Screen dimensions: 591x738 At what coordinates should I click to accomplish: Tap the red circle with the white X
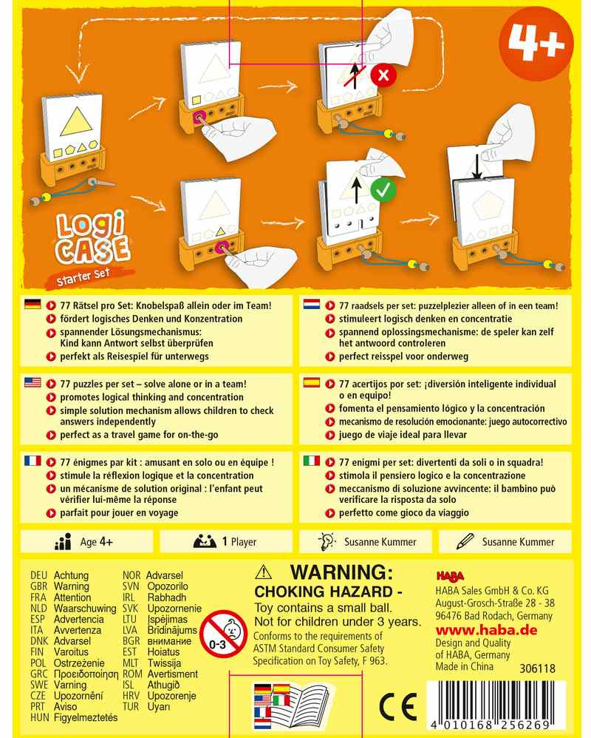pos(383,75)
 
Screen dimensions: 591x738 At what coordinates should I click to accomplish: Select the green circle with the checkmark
pos(383,190)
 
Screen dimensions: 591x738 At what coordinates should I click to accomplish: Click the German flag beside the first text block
pos(33,305)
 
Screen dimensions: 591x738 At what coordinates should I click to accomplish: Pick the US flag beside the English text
pos(33,382)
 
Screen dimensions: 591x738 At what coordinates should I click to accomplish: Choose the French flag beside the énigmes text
pos(33,461)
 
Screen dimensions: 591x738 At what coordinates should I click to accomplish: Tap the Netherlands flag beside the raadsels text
pos(311,305)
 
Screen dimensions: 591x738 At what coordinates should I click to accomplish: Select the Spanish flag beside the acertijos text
pos(311,382)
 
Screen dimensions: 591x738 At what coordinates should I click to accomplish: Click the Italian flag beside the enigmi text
pos(311,461)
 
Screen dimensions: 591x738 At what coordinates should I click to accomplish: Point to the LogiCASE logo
pos(92,237)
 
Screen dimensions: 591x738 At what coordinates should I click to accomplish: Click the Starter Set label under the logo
pos(83,277)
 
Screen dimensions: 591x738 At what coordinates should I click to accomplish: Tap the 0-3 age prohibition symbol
pos(223,634)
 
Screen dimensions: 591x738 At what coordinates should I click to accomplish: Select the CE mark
pos(398,706)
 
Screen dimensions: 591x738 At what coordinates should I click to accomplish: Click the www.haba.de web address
pos(486,630)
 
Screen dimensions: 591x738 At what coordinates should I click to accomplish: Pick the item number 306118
pos(537,668)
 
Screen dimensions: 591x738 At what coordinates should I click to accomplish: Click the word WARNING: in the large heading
pos(341,572)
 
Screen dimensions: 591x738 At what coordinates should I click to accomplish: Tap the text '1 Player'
pos(239,542)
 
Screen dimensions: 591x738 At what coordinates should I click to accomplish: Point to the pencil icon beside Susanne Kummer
pos(465,541)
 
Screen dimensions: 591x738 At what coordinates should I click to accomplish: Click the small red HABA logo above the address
pos(450,576)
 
